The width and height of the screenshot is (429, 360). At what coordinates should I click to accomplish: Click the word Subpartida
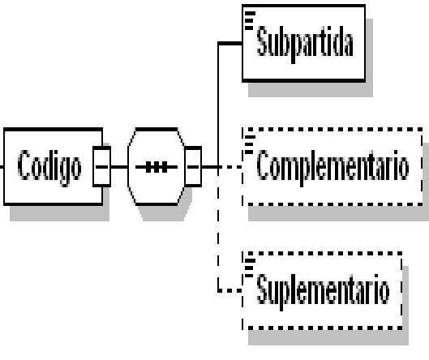pos(305,44)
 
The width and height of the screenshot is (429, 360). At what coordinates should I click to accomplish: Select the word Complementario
pos(333,168)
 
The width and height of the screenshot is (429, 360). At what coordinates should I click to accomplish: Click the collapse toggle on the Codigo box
pos(102,166)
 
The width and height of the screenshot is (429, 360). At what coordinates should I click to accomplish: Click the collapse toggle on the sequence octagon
pos(193,166)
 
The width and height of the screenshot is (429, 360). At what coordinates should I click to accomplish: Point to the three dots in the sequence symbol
pos(157,167)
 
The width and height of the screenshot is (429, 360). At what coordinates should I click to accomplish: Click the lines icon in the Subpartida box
pos(249,20)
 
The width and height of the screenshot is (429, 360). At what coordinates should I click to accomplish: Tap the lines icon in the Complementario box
pos(249,144)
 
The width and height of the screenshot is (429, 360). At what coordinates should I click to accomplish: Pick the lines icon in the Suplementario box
pos(249,268)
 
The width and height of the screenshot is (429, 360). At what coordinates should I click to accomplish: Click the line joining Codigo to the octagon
pos(119,166)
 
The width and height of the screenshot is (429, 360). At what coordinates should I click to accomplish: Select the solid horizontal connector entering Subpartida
pos(230,43)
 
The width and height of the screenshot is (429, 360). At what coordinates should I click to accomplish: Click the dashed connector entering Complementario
pos(230,166)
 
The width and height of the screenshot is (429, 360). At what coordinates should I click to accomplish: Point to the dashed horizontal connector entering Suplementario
pos(230,290)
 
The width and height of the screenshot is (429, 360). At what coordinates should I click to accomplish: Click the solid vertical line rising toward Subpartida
pos(218,104)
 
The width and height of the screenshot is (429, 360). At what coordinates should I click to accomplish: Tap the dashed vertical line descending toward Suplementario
pos(218,229)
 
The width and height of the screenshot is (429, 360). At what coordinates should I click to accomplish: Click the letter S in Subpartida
pos(262,41)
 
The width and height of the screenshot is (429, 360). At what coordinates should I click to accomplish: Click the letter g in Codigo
pos(64,172)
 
